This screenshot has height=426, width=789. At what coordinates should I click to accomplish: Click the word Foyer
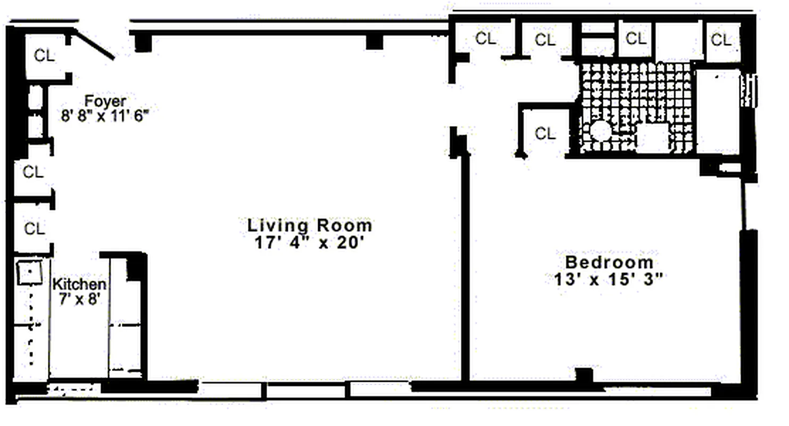tap(106, 101)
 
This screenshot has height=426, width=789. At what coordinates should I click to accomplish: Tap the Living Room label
tap(310, 225)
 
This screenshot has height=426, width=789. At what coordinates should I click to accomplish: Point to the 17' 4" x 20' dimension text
tap(310, 242)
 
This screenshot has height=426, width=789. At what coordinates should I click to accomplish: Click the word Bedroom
tap(609, 262)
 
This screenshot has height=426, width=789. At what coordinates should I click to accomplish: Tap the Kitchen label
tap(79, 285)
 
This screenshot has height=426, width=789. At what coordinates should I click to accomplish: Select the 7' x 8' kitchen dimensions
tap(79, 300)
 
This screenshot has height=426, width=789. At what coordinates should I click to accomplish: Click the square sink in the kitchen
tap(30, 274)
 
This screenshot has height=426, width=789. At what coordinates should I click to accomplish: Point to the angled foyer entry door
tap(94, 45)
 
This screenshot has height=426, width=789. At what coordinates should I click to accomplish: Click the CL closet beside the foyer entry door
tap(45, 55)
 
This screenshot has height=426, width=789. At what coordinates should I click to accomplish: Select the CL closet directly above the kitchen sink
tap(34, 228)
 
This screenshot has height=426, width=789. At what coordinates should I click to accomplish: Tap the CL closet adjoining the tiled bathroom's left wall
tap(545, 134)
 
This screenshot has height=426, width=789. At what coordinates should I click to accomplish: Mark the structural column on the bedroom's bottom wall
tap(584, 375)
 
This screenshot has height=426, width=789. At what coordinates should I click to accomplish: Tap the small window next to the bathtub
tap(751, 91)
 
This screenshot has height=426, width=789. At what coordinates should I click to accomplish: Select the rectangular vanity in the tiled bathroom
tap(652, 138)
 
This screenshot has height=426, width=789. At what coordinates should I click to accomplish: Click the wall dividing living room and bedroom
tap(465, 266)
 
